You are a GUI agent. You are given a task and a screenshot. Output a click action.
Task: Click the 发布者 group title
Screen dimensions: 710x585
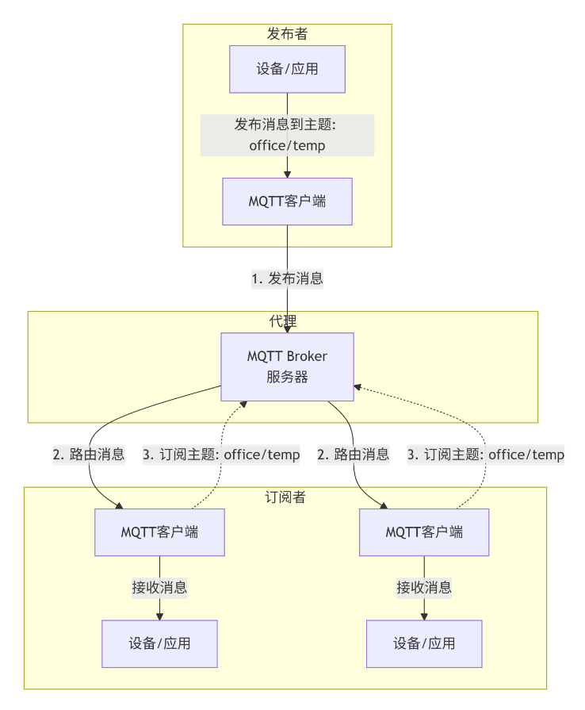pyautogui.click(x=287, y=34)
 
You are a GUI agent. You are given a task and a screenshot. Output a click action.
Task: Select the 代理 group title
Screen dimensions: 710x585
pyautogui.click(x=283, y=321)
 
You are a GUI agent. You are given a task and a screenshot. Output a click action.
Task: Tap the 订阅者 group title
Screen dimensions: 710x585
pyautogui.click(x=285, y=497)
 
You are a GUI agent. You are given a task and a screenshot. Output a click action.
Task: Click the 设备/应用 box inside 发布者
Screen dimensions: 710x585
pyautogui.click(x=287, y=69)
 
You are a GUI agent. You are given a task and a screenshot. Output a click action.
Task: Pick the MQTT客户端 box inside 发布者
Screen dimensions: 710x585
pyautogui.click(x=287, y=201)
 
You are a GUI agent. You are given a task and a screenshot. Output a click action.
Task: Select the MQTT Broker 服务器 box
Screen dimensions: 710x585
pyautogui.click(x=287, y=367)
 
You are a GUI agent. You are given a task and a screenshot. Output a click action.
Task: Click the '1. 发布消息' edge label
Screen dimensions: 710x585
pyautogui.click(x=287, y=278)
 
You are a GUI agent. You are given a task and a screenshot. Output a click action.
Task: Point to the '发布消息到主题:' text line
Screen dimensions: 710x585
pyautogui.click(x=287, y=125)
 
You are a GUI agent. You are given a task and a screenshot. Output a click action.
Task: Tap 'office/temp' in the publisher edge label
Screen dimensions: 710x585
pyautogui.click(x=287, y=145)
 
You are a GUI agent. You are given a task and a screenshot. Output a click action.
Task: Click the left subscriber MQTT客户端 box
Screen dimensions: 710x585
pyautogui.click(x=159, y=532)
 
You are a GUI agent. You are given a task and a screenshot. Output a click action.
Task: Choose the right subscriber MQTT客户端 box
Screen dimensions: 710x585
pyautogui.click(x=424, y=532)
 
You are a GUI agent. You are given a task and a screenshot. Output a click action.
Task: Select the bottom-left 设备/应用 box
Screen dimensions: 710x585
pyautogui.click(x=159, y=643)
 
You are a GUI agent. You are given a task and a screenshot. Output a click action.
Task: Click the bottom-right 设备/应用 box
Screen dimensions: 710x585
pyautogui.click(x=424, y=643)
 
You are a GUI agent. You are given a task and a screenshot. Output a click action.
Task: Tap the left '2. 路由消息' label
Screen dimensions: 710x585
pyautogui.click(x=89, y=455)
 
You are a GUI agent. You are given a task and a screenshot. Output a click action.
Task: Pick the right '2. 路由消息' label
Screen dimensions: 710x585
pyautogui.click(x=354, y=455)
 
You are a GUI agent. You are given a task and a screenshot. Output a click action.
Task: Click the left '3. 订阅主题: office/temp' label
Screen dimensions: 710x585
pyautogui.click(x=221, y=455)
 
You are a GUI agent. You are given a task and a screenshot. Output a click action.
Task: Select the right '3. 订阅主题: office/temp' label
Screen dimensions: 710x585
pyautogui.click(x=486, y=455)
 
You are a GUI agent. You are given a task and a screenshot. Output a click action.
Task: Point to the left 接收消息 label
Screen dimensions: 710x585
pyautogui.click(x=159, y=588)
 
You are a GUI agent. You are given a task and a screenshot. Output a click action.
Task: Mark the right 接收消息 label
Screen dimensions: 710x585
pyautogui.click(x=424, y=588)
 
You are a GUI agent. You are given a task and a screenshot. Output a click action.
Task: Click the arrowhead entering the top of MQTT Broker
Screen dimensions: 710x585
pyautogui.click(x=287, y=328)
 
